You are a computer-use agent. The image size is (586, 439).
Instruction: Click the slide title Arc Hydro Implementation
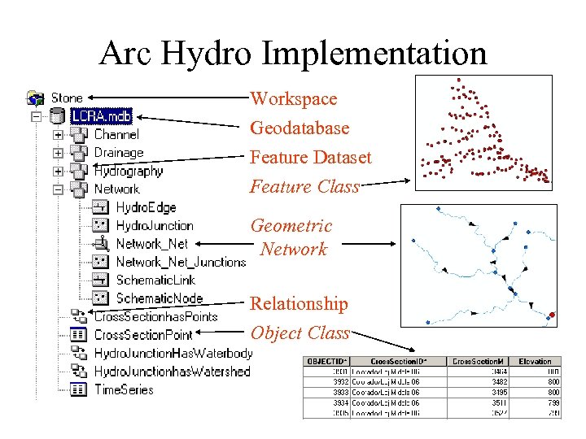coord(293,54)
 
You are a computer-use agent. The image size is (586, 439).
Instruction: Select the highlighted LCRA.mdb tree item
coord(101,116)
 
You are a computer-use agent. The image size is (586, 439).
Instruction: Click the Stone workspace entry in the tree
coord(67,98)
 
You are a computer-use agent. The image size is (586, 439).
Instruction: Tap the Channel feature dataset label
coord(116,134)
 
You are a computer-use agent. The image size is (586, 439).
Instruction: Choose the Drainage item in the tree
coord(118,153)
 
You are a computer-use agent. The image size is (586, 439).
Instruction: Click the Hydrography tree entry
coord(128,171)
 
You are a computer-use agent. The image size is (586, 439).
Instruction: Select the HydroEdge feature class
coord(146,207)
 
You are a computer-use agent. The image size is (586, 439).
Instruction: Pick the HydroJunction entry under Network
coord(154,225)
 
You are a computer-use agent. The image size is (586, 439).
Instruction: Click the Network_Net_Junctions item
coord(180,262)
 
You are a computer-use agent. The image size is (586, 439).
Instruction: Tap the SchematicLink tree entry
coord(155,280)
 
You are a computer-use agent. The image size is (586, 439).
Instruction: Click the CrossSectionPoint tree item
coord(143,334)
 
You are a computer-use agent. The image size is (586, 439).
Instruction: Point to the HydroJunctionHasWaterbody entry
coord(173,353)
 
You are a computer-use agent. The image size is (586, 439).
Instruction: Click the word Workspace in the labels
coord(293,98)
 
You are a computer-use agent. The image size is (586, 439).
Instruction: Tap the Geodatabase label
coord(300,128)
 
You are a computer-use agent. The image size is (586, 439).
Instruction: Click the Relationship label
coord(299,303)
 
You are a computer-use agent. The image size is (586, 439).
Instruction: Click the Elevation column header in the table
coord(535,361)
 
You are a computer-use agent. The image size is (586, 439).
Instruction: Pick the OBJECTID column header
coord(326,361)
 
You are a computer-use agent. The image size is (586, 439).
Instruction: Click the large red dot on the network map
coord(553,315)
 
